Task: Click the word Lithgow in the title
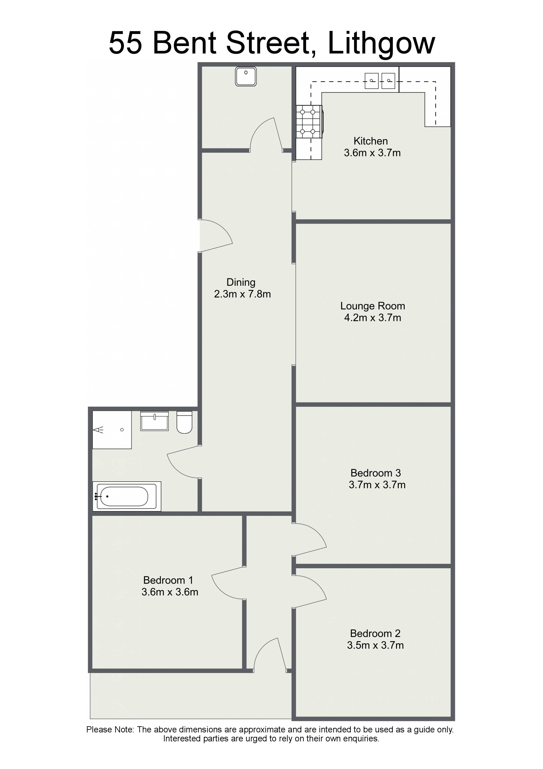tap(381, 44)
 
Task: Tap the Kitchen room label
tap(371, 141)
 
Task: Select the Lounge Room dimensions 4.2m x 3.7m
tap(373, 317)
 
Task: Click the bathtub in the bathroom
tap(127, 496)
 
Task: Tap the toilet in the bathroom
tap(184, 422)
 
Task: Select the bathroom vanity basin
tap(154, 421)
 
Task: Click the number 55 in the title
tap(125, 44)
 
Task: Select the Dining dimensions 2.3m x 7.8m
tap(242, 294)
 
